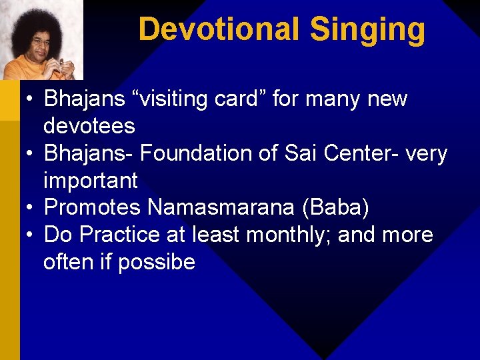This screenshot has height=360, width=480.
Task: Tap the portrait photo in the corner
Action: [x=41, y=39]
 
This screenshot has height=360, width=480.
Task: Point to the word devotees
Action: [x=89, y=125]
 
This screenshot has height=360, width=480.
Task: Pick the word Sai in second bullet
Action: [x=297, y=153]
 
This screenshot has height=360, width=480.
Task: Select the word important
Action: [x=90, y=180]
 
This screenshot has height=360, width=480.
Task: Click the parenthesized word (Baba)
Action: [x=335, y=208]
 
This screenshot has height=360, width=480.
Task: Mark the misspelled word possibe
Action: [x=157, y=263]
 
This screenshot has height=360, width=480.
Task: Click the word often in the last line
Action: [x=69, y=262]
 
